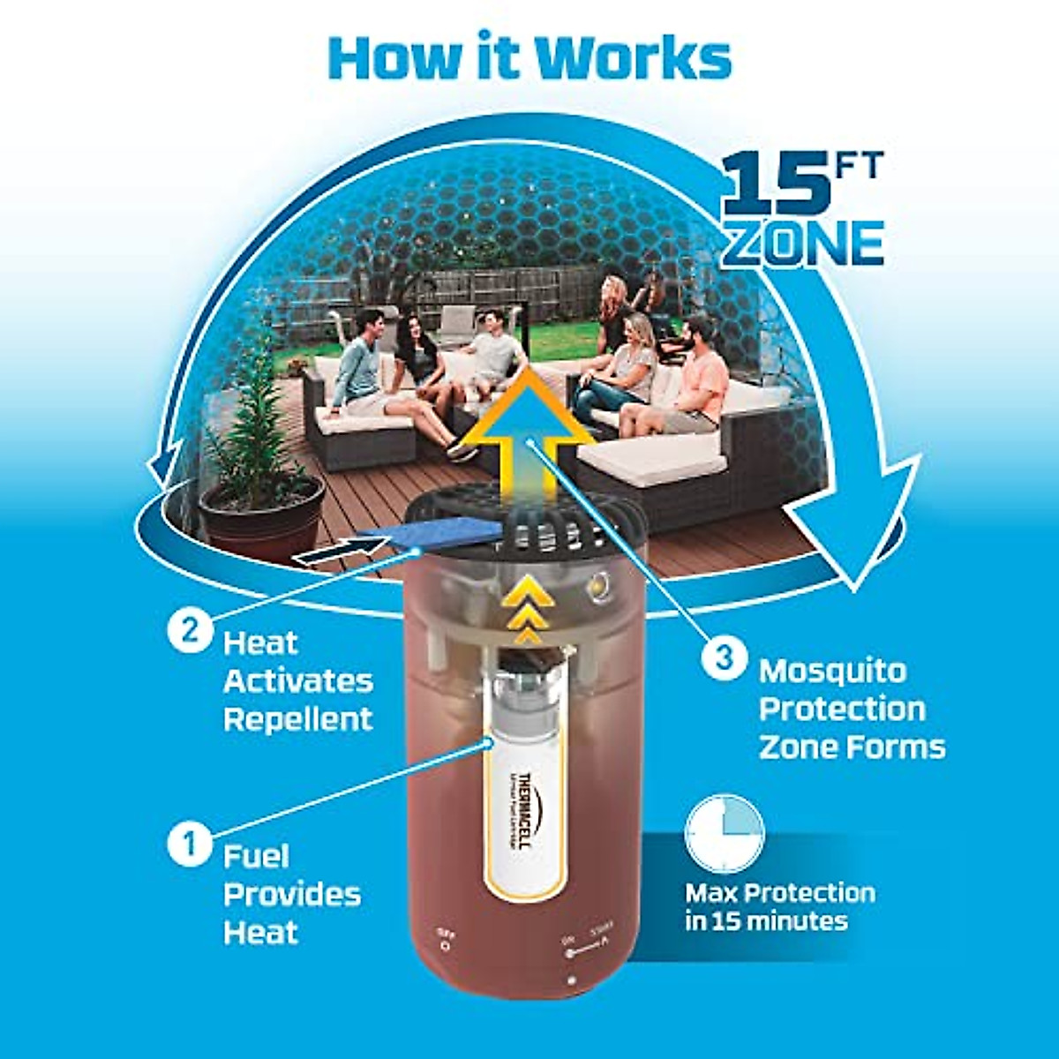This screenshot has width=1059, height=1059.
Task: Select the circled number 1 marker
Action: [x=189, y=844]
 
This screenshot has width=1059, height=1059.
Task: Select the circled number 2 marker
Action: [x=189, y=632]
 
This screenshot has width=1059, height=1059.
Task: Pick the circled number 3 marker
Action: [x=723, y=658]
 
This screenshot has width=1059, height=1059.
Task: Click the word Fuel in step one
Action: [x=256, y=856]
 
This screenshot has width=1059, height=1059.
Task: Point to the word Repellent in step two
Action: [x=298, y=719]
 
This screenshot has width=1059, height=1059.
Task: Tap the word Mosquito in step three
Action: [x=832, y=671]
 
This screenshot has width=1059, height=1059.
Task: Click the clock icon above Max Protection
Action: [x=725, y=833]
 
